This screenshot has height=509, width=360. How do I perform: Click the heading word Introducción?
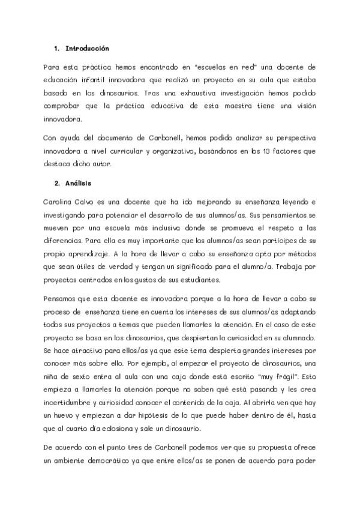click(x=87, y=47)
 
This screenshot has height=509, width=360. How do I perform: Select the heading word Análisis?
click(x=78, y=182)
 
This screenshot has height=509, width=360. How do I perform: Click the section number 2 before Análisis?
click(x=56, y=182)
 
